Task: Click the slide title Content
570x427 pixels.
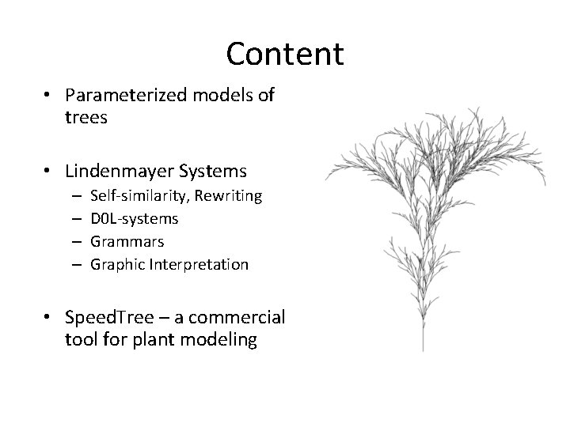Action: click(x=284, y=54)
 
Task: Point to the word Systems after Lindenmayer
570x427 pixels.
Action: click(x=218, y=171)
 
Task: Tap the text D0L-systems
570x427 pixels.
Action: click(x=134, y=217)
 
